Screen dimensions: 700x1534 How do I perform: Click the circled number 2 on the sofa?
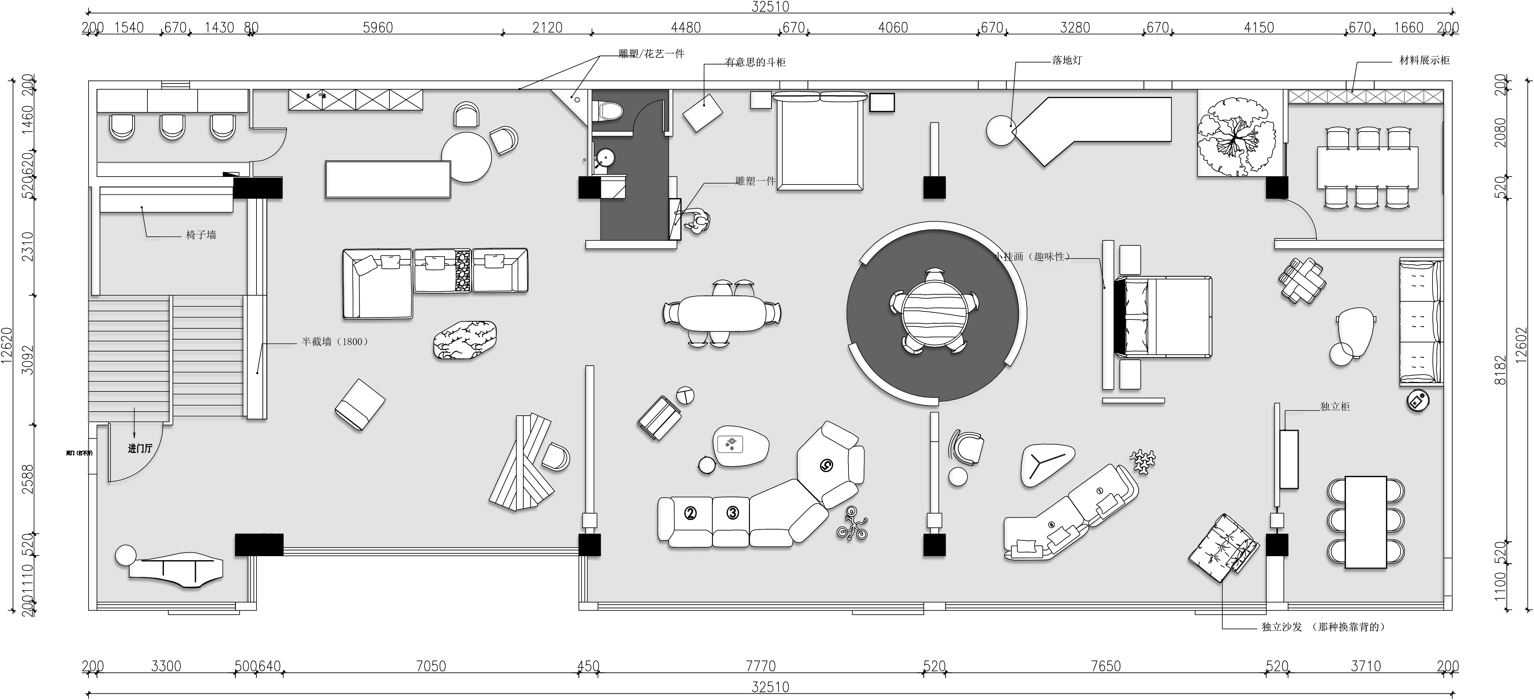click(x=690, y=513)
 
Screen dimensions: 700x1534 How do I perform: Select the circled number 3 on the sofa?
click(x=732, y=513)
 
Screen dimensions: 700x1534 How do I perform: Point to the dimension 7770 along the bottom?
click(x=761, y=666)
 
